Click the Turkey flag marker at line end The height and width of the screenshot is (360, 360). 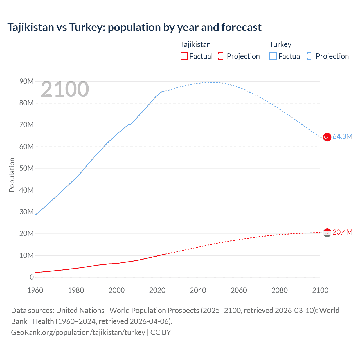327,137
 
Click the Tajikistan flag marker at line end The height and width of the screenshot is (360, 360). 327,233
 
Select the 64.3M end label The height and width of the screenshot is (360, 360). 342,136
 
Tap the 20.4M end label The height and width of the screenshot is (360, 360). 342,232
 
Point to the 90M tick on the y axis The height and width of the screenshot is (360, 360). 26,81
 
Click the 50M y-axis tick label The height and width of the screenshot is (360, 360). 26,168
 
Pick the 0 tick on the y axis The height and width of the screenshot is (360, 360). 31,277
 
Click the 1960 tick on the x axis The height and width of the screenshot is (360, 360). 35,290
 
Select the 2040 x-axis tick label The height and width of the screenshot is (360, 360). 198,290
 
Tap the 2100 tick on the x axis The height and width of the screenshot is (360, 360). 320,290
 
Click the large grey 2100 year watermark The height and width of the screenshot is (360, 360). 65,89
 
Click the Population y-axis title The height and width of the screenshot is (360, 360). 12,175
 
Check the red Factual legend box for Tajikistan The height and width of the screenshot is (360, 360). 184,56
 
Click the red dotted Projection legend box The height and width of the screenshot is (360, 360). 222,56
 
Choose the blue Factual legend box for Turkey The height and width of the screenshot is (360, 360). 273,56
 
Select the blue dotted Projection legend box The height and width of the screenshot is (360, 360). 311,56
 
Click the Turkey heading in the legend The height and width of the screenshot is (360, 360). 280,44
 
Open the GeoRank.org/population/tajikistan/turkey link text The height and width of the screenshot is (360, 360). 78,332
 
